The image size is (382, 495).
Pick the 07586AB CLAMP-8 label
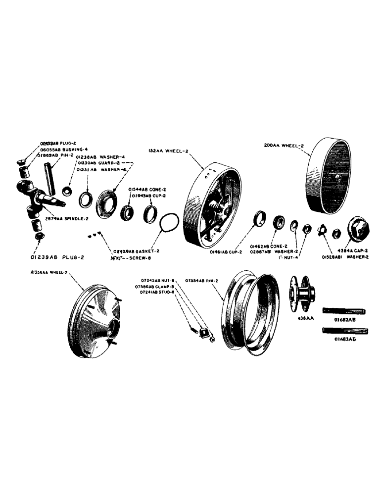(154, 287)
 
